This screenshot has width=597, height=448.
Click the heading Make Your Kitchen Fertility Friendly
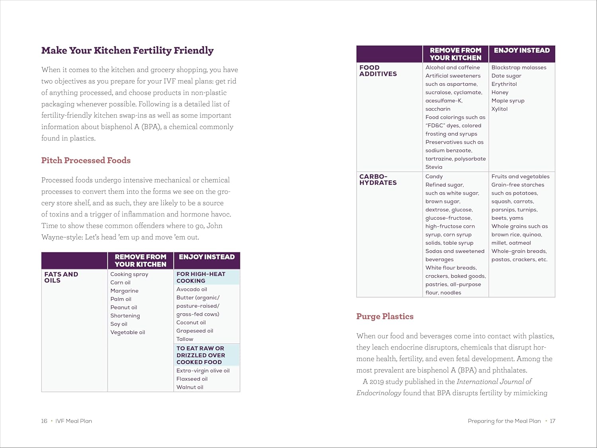[x=127, y=51]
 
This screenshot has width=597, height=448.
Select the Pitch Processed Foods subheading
[x=86, y=160]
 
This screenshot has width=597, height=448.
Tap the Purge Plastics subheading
[x=385, y=317]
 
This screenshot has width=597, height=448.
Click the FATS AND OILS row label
[x=61, y=277]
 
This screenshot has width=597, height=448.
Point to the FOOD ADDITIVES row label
[x=378, y=70]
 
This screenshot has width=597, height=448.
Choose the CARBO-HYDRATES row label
[x=378, y=180]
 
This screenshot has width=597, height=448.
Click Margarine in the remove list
[x=124, y=291]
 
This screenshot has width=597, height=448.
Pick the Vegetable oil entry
[x=127, y=332]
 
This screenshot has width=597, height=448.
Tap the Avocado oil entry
[x=191, y=289]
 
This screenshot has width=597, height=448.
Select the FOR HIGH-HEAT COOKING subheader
[x=201, y=277]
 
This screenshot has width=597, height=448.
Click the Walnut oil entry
[x=189, y=387]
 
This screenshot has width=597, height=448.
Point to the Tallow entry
[x=185, y=339]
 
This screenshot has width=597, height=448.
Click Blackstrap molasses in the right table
[x=519, y=67]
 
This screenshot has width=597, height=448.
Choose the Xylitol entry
[x=499, y=109]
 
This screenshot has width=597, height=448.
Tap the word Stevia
[x=433, y=167]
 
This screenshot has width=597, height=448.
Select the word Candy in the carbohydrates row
[x=434, y=176]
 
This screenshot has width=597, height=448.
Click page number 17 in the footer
[x=552, y=421]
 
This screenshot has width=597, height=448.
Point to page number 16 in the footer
[x=44, y=421]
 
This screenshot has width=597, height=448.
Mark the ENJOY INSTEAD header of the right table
[x=521, y=51]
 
